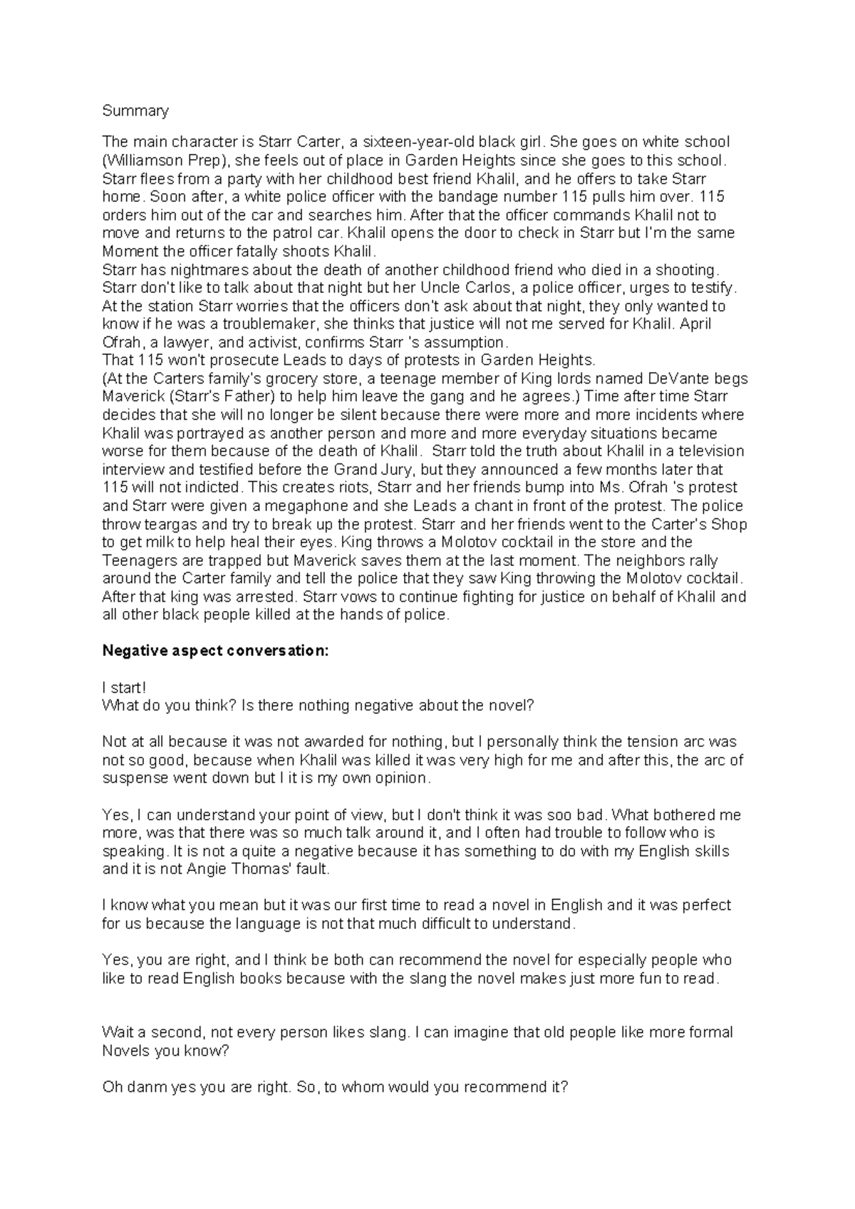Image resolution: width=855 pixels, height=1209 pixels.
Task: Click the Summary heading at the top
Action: (x=135, y=110)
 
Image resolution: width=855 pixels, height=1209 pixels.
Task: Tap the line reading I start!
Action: (x=125, y=688)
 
